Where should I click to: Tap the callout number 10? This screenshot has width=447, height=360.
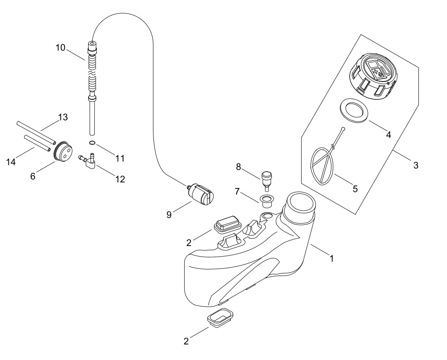(60, 48)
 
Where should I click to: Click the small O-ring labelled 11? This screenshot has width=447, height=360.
(92, 143)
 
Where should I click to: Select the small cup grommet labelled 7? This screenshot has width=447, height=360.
(266, 201)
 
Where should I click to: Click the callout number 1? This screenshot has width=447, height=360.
(331, 259)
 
